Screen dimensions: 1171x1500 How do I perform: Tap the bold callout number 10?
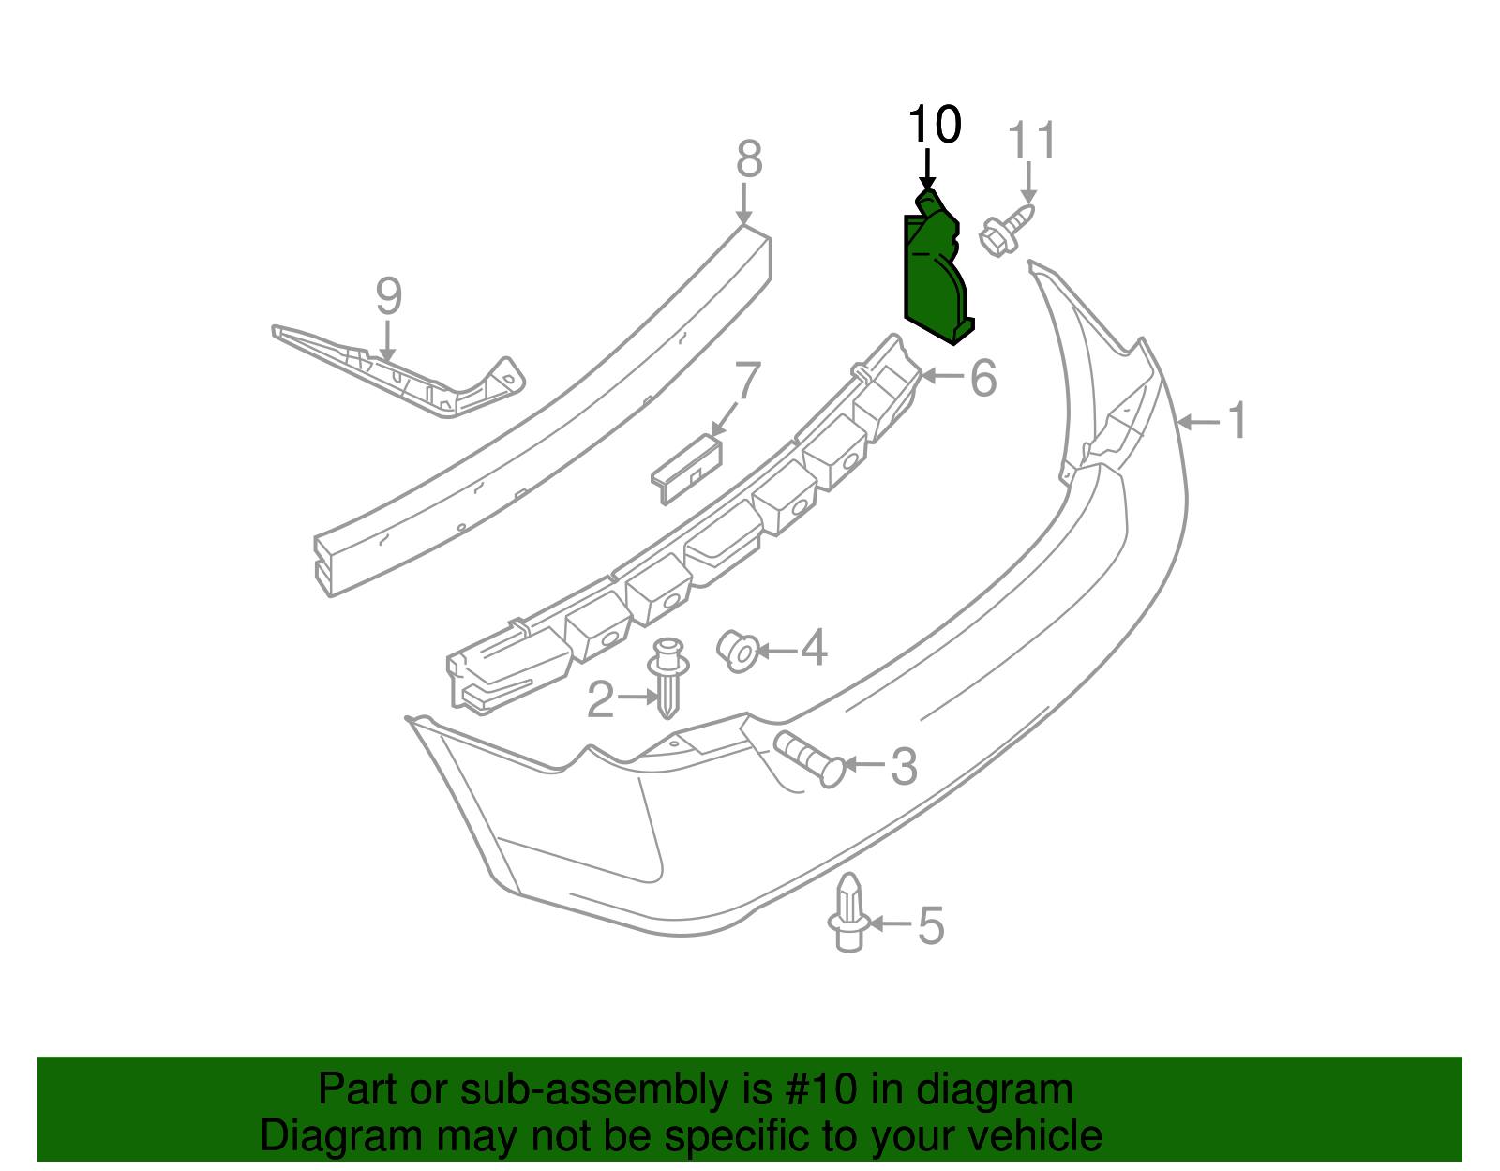click(x=935, y=125)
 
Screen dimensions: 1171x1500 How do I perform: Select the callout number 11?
click(x=1031, y=142)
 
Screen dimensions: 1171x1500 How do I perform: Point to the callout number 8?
click(x=749, y=159)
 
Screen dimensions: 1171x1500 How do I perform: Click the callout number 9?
click(x=389, y=296)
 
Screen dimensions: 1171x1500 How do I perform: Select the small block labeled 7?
click(x=688, y=467)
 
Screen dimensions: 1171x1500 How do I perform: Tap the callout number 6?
click(x=982, y=378)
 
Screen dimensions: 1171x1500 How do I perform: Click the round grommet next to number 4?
click(x=738, y=651)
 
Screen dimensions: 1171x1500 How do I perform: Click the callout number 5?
click(x=930, y=925)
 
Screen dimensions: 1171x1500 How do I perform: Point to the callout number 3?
click(x=903, y=766)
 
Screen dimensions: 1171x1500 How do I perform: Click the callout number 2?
click(x=600, y=699)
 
